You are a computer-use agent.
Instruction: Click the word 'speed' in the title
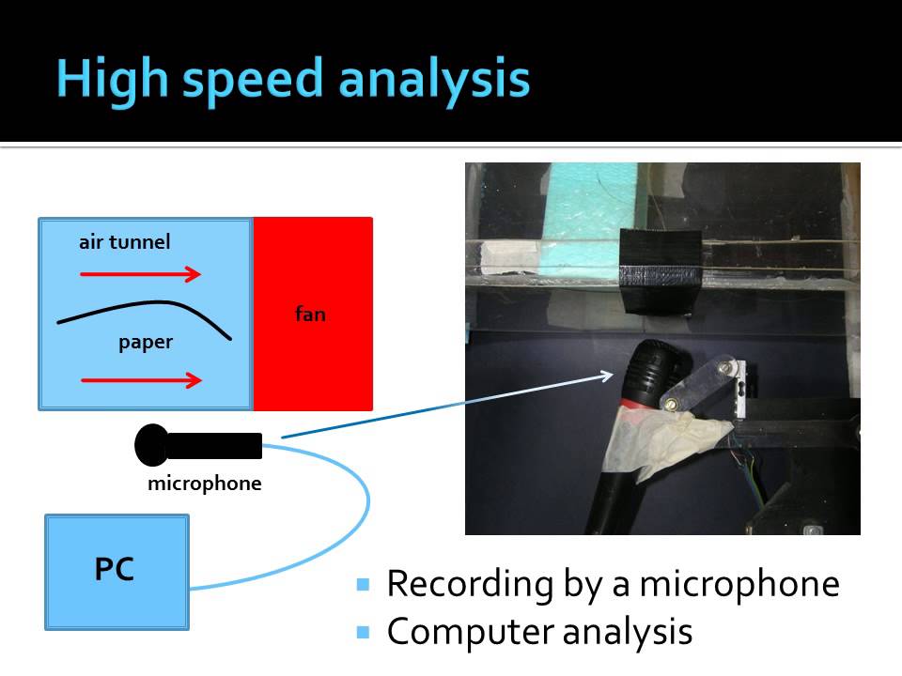[256, 81]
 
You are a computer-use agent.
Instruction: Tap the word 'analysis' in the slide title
[433, 81]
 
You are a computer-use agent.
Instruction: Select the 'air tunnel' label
[125, 242]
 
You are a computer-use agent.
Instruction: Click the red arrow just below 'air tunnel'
[141, 274]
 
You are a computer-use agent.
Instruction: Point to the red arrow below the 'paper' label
[141, 380]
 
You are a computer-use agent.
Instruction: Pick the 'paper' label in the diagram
[146, 343]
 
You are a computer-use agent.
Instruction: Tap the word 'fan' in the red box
[310, 315]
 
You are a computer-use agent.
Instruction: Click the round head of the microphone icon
[152, 445]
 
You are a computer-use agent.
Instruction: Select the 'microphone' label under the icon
[204, 484]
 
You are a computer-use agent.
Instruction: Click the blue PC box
[117, 571]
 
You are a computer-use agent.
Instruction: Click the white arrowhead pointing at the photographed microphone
[607, 376]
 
